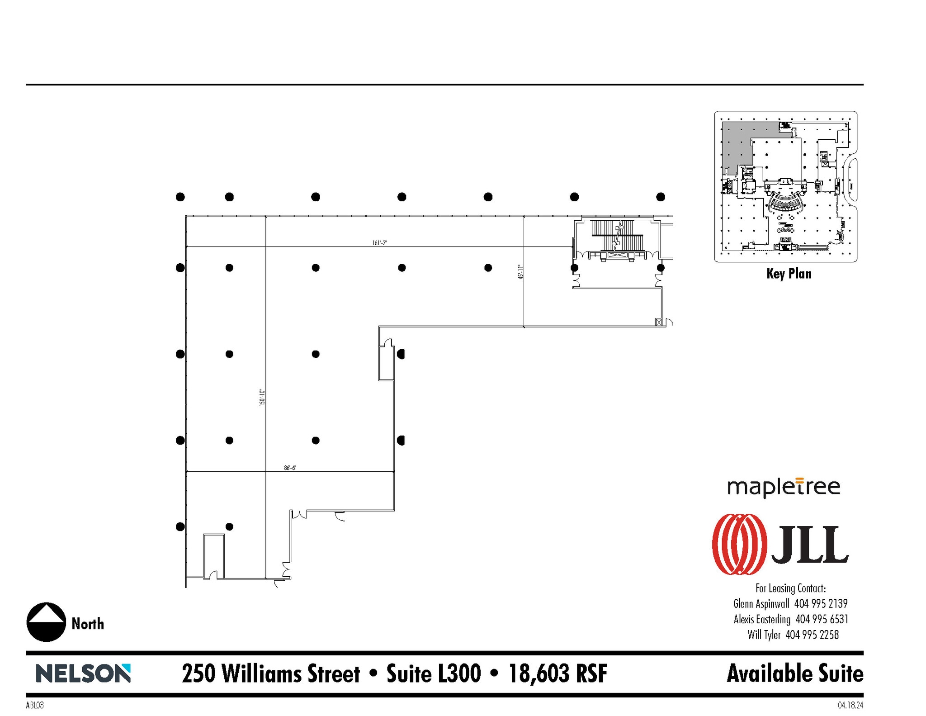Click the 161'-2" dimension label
point(379,243)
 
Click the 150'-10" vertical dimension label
point(262,397)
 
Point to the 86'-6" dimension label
point(290,468)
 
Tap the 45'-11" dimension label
point(520,272)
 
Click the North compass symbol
point(46,622)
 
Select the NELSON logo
point(83,673)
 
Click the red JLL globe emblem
point(739,544)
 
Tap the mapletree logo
point(784,488)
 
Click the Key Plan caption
point(789,274)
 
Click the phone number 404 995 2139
point(821,603)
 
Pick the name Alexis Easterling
point(762,619)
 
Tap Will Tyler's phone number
point(812,635)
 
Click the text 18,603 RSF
point(558,673)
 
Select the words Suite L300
point(433,673)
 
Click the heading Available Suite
point(794,673)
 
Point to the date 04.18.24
point(850,705)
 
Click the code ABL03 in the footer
point(35,705)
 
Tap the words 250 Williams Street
point(270,673)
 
